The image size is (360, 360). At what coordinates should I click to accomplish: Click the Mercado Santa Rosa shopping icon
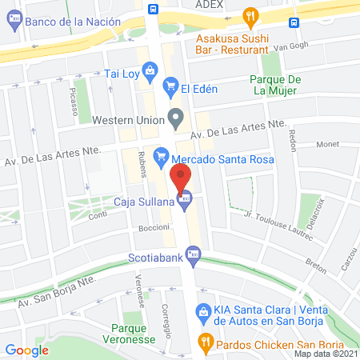click(161, 152)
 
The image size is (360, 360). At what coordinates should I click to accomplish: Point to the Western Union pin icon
click(175, 120)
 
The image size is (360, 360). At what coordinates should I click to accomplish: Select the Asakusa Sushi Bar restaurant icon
click(252, 15)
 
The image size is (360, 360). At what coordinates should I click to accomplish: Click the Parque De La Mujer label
click(274, 85)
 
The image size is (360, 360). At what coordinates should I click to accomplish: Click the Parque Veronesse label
click(134, 334)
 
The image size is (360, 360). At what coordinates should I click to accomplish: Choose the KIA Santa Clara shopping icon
click(203, 311)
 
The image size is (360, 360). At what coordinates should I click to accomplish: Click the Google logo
click(26, 350)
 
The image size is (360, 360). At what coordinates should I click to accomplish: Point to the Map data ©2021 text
click(326, 354)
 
